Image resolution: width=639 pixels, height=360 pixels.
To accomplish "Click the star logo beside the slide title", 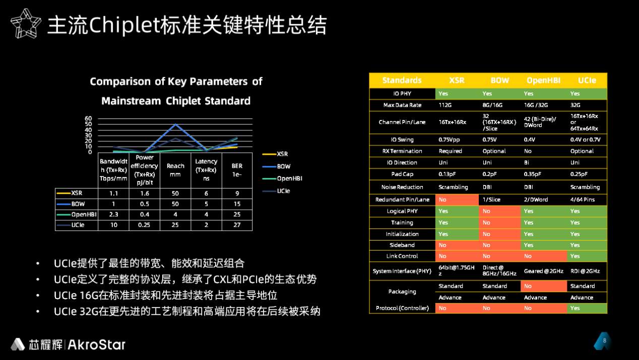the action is pos(26,24).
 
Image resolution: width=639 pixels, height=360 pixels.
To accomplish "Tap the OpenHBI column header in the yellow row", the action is pos(543,81).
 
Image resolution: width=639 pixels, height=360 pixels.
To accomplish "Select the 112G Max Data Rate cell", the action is pos(445,105).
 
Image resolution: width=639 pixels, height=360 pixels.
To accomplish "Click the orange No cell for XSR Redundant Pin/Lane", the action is pos(457,200).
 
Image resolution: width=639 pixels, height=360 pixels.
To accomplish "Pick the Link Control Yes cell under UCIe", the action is pos(587,256).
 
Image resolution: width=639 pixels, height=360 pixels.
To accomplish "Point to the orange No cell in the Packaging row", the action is pos(544,286).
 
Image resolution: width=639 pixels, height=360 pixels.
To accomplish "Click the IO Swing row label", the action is pos(402,140).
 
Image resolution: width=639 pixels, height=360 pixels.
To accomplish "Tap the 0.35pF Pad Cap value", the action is pos(532,174).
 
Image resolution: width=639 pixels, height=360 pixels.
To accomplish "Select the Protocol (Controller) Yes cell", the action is pos(587,308).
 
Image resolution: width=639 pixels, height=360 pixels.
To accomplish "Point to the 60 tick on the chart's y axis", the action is pos(88,118).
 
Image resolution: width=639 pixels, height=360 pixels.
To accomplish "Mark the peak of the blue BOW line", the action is pos(176,125).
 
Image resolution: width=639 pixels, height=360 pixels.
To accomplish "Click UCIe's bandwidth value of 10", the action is pos(113,225).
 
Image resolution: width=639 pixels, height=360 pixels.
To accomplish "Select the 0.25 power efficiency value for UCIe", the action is pos(144,225).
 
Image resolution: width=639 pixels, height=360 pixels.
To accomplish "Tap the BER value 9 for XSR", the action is pos(237,193).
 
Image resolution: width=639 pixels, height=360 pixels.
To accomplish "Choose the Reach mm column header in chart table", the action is pos(175,170).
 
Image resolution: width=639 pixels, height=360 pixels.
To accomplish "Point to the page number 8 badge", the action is pos(604,340).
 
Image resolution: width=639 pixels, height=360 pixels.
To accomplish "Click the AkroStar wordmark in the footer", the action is pos(96,344).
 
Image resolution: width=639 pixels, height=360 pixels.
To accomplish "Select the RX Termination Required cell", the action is pos(450,151).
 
